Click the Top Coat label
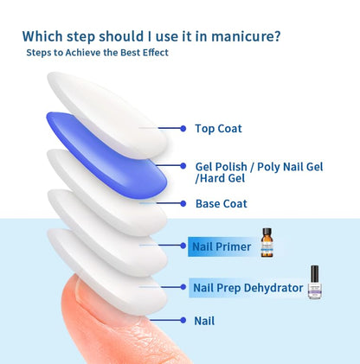(x=218, y=129)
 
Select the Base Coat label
(x=222, y=204)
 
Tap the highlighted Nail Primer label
(x=222, y=247)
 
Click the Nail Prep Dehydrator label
(x=247, y=287)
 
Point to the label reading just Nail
(x=204, y=321)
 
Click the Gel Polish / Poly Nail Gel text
(x=259, y=166)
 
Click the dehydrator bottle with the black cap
(x=317, y=283)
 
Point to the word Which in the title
(x=43, y=36)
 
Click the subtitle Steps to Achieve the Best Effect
(x=96, y=53)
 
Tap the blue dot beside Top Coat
(x=183, y=128)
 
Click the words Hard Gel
(x=222, y=178)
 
